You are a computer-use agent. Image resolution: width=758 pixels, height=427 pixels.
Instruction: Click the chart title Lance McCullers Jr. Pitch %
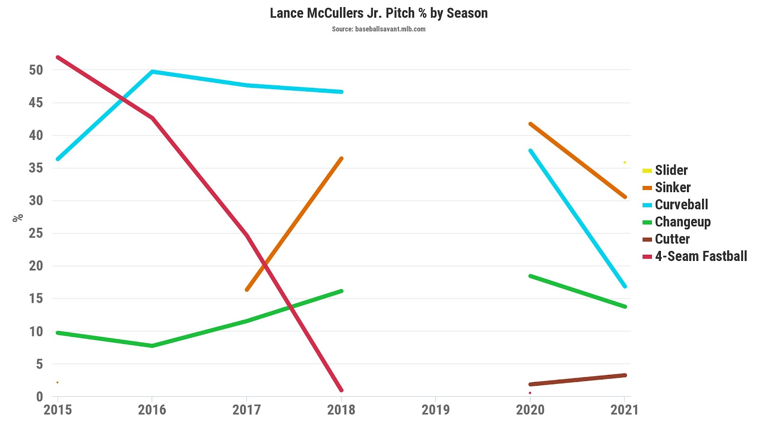pos(379,13)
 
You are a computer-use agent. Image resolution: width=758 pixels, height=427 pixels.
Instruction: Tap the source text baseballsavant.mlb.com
pos(379,29)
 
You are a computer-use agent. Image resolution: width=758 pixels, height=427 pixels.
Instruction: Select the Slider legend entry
pos(671,170)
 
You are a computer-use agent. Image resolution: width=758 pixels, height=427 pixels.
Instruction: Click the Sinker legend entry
pos(672,187)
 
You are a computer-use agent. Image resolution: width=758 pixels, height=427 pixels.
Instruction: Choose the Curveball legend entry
pos(681,205)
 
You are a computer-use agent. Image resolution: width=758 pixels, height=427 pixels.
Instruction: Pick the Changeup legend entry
pos(682,222)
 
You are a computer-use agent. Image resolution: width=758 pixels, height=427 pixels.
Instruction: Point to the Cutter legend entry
pos(672,239)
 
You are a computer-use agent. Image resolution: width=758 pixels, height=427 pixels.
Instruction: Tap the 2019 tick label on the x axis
pos(435,409)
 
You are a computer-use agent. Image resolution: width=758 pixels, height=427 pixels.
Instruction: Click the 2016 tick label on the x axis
pos(152,409)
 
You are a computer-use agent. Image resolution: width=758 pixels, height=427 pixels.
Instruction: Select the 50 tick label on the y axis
pos(36,70)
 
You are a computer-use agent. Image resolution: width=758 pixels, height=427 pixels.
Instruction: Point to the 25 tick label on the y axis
pos(36,233)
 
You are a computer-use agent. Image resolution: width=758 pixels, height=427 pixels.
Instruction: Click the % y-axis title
pos(18,218)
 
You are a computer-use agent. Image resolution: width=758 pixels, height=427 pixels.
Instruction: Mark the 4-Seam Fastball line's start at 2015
pos(58,57)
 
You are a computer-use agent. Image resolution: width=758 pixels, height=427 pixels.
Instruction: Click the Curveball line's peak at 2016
pos(152,72)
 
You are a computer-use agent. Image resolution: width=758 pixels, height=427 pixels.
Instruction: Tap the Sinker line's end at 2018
pos(341,158)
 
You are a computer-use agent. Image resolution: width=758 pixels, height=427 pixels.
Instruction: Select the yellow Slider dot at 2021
pos(624,162)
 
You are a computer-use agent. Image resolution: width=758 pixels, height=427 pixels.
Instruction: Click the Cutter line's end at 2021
pos(625,375)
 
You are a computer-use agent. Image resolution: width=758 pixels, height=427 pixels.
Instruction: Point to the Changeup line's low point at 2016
pos(152,346)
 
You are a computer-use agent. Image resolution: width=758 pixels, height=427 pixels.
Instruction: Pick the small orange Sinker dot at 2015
pos(57,382)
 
